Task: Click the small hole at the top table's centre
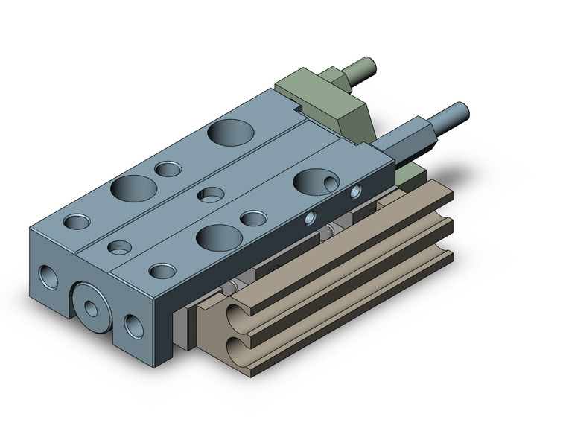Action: pos(210,195)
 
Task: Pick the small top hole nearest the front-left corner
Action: pos(77,221)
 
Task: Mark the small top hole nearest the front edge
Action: pos(160,271)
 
